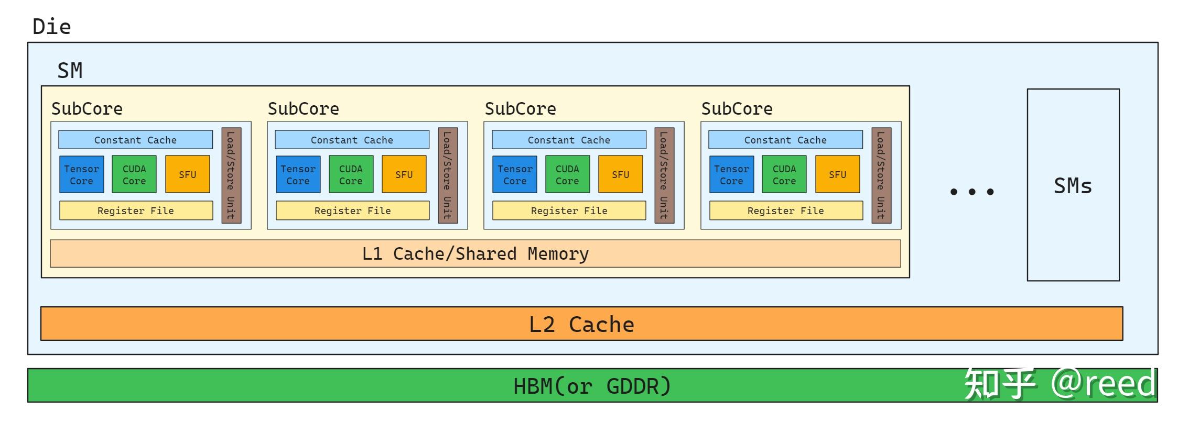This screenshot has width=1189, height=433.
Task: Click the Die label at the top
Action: coord(51,27)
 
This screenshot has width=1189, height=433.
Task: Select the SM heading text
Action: coord(70,71)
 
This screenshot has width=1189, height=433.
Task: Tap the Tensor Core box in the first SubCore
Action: coord(81,174)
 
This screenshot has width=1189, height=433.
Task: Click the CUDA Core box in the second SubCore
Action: coord(351,174)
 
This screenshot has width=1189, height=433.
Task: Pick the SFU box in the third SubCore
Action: coord(620,174)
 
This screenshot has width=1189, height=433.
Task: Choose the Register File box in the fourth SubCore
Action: coord(785,210)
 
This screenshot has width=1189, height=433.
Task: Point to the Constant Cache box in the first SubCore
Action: coord(135,140)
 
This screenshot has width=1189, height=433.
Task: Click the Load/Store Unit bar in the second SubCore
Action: coord(447,175)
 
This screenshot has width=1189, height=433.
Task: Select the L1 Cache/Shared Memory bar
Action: coord(475,254)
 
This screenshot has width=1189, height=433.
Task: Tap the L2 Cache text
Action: coord(581,325)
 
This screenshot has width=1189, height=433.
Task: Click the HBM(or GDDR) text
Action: coord(592,386)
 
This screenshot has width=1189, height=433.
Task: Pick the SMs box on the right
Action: coord(1073,185)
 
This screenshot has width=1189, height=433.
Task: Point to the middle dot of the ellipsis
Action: coord(971,192)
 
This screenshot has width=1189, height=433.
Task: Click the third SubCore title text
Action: coord(520,109)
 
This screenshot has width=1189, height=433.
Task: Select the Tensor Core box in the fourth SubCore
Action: coord(731,174)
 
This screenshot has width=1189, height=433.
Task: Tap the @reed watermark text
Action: coord(1103,383)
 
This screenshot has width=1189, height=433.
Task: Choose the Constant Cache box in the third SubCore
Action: coord(569,140)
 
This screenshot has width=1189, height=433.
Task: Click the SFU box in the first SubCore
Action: coord(187,174)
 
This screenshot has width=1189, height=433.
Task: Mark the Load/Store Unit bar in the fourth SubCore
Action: coord(881,175)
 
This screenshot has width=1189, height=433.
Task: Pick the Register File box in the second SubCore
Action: coord(352,210)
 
